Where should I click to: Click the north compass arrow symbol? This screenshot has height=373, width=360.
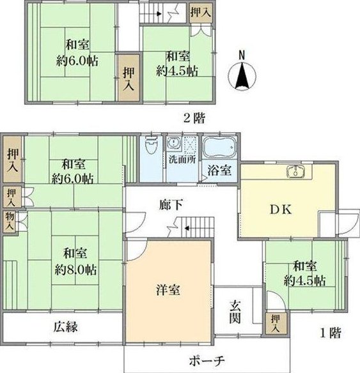pyautogui.click(x=242, y=76)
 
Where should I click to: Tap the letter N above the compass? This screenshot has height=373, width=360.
pyautogui.click(x=242, y=56)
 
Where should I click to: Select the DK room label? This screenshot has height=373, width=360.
pyautogui.click(x=281, y=209)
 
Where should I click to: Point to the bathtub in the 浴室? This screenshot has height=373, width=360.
pyautogui.click(x=219, y=148)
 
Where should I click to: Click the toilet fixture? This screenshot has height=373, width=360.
pyautogui.click(x=151, y=145)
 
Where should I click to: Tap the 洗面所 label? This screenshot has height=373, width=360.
pyautogui.click(x=182, y=160)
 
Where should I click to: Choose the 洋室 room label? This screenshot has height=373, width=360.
pyautogui.click(x=168, y=290)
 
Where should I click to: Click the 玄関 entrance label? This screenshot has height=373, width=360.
pyautogui.click(x=235, y=312)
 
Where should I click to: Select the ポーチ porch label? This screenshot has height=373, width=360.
pyautogui.click(x=207, y=361)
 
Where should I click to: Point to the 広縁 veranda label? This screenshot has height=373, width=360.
pyautogui.click(x=65, y=327)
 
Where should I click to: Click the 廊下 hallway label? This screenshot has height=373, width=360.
pyautogui.click(x=171, y=204)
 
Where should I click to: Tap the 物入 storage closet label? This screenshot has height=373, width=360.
pyautogui.click(x=10, y=222)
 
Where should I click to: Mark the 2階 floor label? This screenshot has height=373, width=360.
pyautogui.click(x=194, y=118)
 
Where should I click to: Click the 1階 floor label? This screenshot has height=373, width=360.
pyautogui.click(x=331, y=333)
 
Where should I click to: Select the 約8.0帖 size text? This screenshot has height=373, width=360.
pyautogui.click(x=75, y=270)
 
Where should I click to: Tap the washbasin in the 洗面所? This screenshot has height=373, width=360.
pyautogui.click(x=173, y=143)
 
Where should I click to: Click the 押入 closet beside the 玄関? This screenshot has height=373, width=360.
pyautogui.click(x=276, y=324)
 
